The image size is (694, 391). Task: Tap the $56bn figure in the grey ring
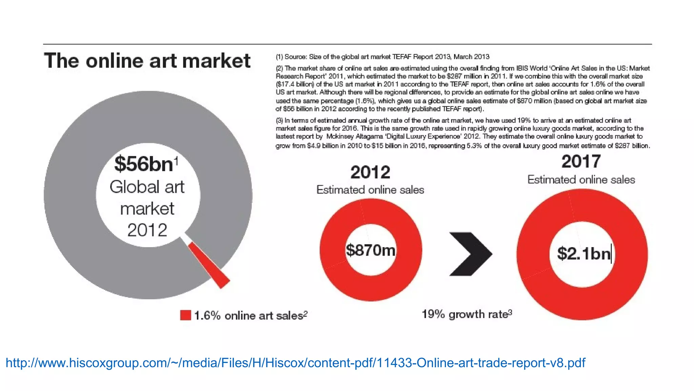pyautogui.click(x=144, y=164)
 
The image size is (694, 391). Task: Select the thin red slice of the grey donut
pyautogui.click(x=209, y=265)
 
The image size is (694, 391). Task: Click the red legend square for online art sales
pyautogui.click(x=185, y=315)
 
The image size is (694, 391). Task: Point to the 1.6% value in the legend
pyautogui.click(x=207, y=316)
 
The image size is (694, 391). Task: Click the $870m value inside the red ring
pyautogui.click(x=370, y=250)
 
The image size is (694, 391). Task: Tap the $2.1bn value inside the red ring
pyautogui.click(x=584, y=254)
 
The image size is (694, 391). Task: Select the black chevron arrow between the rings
pyautogui.click(x=470, y=254)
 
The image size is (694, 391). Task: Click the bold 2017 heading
pyautogui.click(x=581, y=162)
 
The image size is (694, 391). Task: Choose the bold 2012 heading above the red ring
pyautogui.click(x=370, y=172)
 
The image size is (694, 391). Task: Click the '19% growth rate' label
pyautogui.click(x=466, y=314)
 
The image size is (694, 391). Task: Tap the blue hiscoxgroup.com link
pyautogui.click(x=295, y=363)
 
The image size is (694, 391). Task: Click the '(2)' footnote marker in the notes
pyautogui.click(x=279, y=69)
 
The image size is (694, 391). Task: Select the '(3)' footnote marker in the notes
pyautogui.click(x=279, y=120)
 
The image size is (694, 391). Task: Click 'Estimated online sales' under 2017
pyautogui.click(x=581, y=180)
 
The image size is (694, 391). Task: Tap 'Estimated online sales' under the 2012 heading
pyautogui.click(x=370, y=190)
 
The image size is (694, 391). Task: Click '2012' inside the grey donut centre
pyautogui.click(x=147, y=230)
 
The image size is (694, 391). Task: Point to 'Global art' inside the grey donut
pyautogui.click(x=147, y=187)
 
